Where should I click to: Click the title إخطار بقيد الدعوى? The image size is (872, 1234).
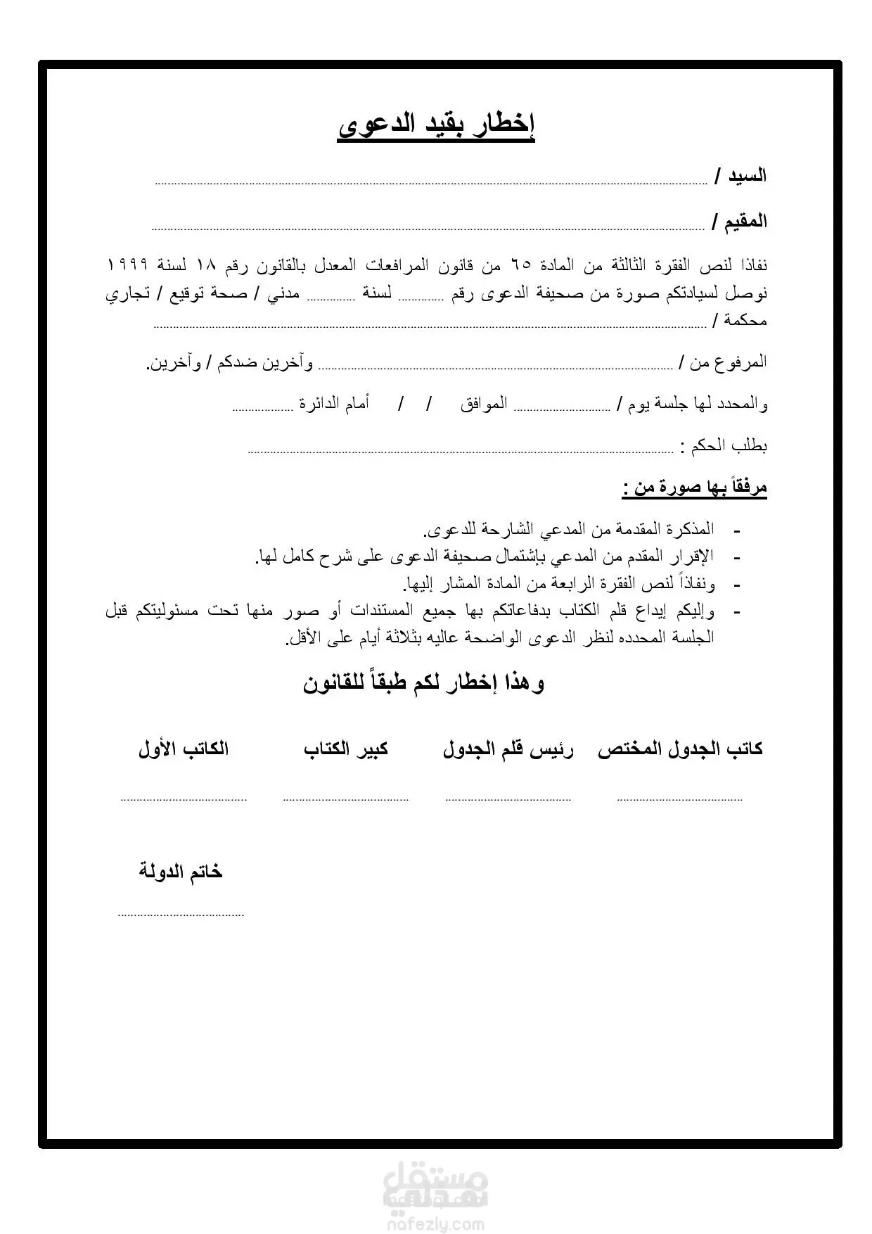click(436, 127)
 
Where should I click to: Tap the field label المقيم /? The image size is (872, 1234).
click(739, 222)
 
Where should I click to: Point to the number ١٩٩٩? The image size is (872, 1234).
click(127, 265)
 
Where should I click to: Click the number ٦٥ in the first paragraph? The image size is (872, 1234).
click(521, 266)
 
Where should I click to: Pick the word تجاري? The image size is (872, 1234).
click(128, 293)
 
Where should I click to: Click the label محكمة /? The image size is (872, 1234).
click(740, 321)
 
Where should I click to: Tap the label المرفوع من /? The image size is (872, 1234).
click(723, 363)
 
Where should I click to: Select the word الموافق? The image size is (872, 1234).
click(485, 405)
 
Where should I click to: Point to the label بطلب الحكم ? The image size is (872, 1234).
click(724, 446)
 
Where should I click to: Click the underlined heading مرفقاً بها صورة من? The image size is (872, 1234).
click(695, 488)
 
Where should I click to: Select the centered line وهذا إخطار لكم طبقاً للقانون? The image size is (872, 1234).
click(424, 683)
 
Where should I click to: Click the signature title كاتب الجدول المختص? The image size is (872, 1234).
click(680, 749)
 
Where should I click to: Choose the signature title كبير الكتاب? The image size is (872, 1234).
click(346, 749)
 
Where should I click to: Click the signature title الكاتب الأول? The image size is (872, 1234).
click(184, 749)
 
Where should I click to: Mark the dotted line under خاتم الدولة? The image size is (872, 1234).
click(181, 915)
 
